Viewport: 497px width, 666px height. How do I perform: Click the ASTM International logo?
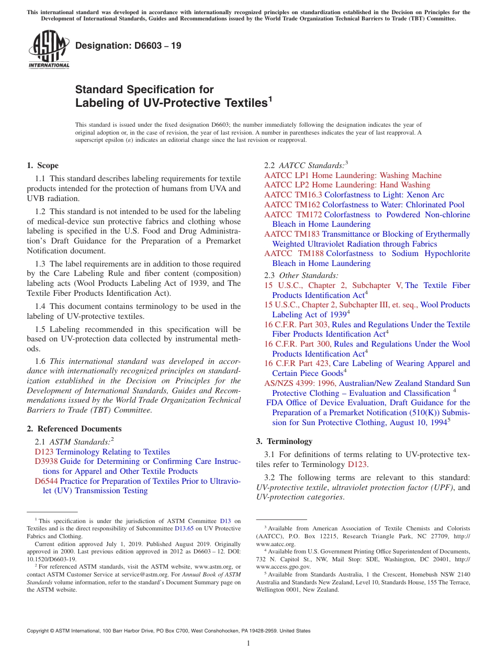pyautogui.click(x=49, y=49)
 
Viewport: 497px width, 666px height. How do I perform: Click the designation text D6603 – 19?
pyautogui.click(x=128, y=46)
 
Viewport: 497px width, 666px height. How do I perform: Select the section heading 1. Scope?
pyautogui.click(x=42, y=165)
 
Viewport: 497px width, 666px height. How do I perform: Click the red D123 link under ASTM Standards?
pyautogui.click(x=44, y=452)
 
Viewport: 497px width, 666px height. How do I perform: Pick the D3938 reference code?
pyautogui.click(x=46, y=461)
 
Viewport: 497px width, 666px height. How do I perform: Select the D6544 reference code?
pyautogui.click(x=46, y=481)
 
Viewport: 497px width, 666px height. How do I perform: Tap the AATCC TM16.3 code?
pyautogui.click(x=293, y=195)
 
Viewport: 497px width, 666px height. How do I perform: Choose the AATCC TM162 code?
pyautogui.click(x=292, y=205)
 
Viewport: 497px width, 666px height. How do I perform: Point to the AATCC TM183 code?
pyautogui.click(x=292, y=234)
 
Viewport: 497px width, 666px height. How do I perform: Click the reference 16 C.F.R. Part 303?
pyautogui.click(x=297, y=325)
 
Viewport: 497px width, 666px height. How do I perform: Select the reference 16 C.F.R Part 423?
pyautogui.click(x=297, y=363)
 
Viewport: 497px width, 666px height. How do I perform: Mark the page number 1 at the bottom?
pyautogui.click(x=249, y=643)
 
